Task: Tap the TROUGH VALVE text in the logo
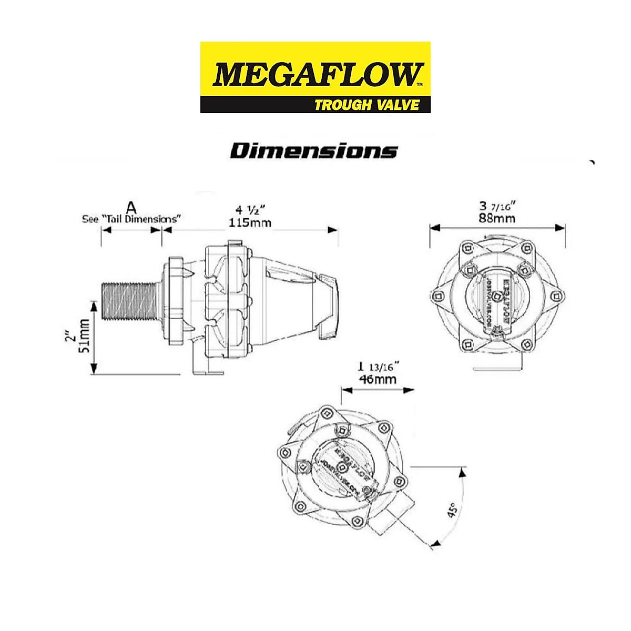pyautogui.click(x=367, y=105)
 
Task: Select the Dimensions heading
pyautogui.click(x=314, y=151)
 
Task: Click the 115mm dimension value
pyautogui.click(x=250, y=223)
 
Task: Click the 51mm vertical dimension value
pyautogui.click(x=84, y=336)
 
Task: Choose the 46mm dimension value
pyautogui.click(x=377, y=379)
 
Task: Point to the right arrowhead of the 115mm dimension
pyautogui.click(x=333, y=229)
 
